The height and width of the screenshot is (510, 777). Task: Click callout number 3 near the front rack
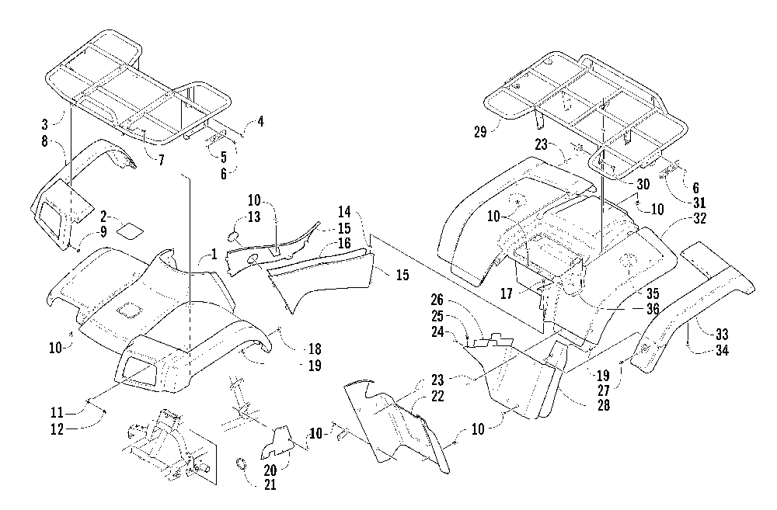[45, 123]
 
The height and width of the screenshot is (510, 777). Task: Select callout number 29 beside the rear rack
[480, 132]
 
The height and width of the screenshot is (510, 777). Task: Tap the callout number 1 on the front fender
[214, 254]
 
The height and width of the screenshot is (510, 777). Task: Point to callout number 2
[103, 216]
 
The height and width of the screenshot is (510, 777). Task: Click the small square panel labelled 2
[129, 231]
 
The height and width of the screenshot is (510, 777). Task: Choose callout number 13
[254, 217]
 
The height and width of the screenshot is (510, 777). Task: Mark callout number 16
[344, 243]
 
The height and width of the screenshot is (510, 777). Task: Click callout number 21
[270, 484]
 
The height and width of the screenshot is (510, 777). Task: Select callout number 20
[270, 470]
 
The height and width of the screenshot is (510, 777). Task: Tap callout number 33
[721, 335]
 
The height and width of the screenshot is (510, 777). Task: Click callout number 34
[722, 350]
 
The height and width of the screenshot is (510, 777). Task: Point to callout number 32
[699, 218]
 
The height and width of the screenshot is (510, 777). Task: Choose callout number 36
[653, 309]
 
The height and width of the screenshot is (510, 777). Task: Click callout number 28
[604, 405]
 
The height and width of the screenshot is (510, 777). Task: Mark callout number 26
[437, 300]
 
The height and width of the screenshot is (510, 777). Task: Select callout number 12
[57, 428]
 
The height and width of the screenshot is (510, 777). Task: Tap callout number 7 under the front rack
[161, 161]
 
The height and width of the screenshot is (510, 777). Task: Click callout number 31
[699, 203]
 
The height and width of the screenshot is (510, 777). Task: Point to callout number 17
[506, 293]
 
